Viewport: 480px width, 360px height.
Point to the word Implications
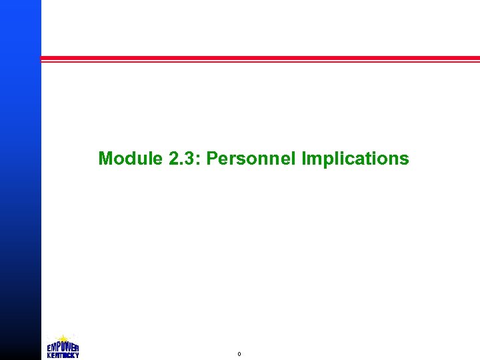(x=355, y=159)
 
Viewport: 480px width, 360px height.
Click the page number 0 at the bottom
(x=239, y=354)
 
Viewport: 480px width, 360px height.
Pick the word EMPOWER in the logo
(x=63, y=347)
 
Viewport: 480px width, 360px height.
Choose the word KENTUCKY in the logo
(x=63, y=355)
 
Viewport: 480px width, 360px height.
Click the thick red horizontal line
(x=260, y=58)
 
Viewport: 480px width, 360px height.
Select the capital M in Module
(x=105, y=159)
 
